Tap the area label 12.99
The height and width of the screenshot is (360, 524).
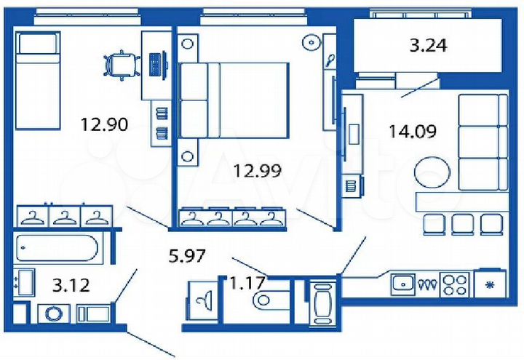(x=257, y=171)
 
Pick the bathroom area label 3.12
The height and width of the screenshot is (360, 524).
(x=71, y=284)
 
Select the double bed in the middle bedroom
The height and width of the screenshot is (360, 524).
(x=233, y=100)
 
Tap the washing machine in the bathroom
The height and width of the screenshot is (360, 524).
(x=52, y=314)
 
